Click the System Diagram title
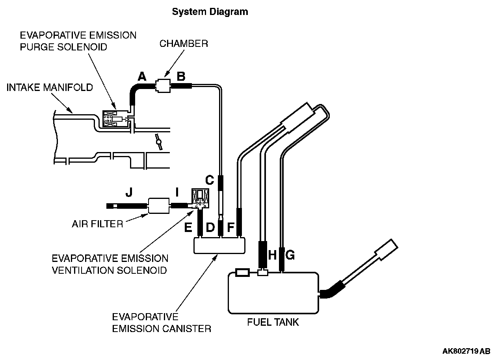coord(210,12)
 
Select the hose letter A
coord(142,76)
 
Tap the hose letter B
coord(181,76)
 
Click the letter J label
coord(128,192)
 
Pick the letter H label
coord(272,255)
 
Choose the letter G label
coord(290,255)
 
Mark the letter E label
coord(188,227)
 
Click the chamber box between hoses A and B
coord(162,85)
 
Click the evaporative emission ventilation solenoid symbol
coord(201,199)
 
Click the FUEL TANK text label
coord(273,322)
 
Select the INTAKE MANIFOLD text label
coord(50,87)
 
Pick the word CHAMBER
coord(184,43)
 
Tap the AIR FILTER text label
coord(97,224)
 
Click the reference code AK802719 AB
coord(466,351)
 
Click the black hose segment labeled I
coord(180,205)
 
